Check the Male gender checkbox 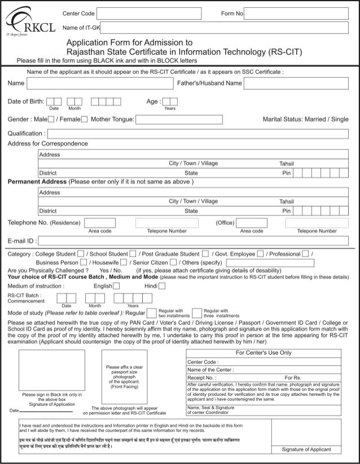tap(51, 120)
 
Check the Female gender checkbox tap(84, 120)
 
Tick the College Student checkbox tap(81, 253)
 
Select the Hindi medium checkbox tap(162, 286)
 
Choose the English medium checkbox tap(117, 286)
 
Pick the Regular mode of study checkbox tap(151, 313)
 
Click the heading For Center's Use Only tap(264, 353)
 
